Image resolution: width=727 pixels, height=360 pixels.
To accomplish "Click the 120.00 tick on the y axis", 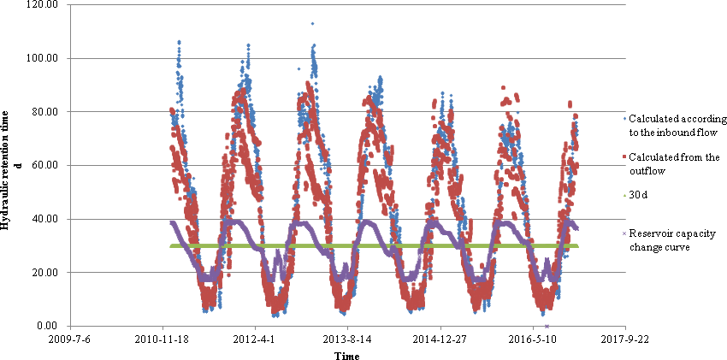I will pos(44,5).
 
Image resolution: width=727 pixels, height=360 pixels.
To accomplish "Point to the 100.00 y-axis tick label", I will pos(44,58).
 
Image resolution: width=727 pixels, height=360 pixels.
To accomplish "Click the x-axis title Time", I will pos(346,355).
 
